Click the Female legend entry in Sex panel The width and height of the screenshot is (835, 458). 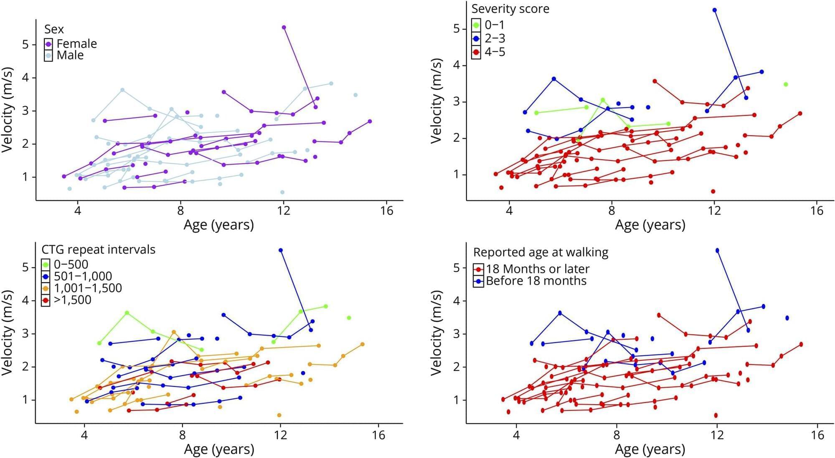76,43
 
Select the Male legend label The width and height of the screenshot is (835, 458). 70,55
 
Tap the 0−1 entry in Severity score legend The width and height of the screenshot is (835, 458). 494,25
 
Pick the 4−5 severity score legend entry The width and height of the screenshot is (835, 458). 495,52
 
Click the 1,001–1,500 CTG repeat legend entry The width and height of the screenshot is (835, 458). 88,288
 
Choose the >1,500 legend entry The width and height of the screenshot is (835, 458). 72,300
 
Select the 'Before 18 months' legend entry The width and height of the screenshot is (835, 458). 536,281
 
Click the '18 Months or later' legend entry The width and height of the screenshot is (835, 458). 537,269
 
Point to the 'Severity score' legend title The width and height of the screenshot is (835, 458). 510,9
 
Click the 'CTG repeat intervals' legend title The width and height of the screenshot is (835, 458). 98,250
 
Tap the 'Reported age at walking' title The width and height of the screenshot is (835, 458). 541,252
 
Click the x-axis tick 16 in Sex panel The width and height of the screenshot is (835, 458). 387,210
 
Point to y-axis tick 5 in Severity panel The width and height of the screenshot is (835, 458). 457,29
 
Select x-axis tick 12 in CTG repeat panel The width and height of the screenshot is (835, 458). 280,435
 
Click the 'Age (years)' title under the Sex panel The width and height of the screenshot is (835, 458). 218,225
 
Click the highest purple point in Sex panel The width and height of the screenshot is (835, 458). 284,28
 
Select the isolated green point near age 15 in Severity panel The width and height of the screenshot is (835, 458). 786,84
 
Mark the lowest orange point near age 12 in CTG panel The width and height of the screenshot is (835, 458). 279,415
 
